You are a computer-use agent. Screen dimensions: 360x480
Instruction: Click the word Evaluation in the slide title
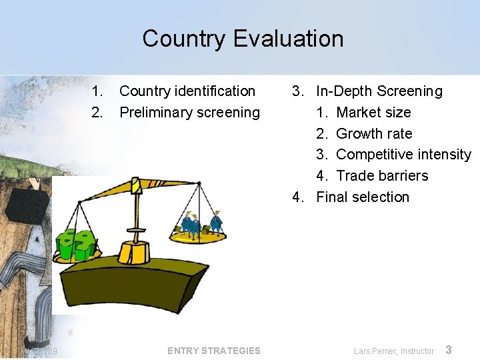tap(290, 39)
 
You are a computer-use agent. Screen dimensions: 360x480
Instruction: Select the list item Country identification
tap(187, 91)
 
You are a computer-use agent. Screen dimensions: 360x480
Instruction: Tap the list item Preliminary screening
tap(189, 113)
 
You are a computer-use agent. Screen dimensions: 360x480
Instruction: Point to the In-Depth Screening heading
tap(379, 91)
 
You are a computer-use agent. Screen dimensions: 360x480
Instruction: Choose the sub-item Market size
tap(373, 113)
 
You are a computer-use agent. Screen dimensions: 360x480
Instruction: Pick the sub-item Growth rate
tap(374, 133)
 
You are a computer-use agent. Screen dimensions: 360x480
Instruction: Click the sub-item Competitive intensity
tap(403, 155)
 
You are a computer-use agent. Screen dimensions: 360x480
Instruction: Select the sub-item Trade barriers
tap(382, 176)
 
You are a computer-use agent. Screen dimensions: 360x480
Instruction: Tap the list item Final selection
tap(363, 197)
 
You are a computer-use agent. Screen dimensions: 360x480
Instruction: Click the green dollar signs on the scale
tap(76, 245)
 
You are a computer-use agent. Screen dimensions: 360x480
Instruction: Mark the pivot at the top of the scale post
tap(137, 185)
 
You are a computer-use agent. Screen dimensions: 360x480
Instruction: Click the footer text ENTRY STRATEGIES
tap(214, 351)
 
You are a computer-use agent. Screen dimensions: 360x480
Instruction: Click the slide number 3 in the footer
tap(449, 350)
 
